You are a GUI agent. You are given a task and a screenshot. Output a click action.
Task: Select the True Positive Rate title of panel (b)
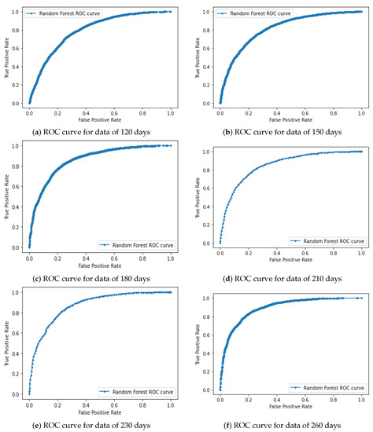point(197,58)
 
